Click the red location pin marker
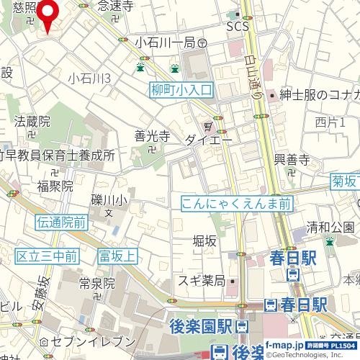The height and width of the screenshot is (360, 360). pos(48,12)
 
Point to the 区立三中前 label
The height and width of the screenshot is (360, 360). pos(47,256)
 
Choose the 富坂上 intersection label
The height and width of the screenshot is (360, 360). pos(117,255)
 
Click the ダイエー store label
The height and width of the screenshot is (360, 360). pos(208,140)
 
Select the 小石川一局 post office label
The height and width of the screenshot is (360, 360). pos(166,42)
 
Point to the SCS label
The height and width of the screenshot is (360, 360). pos(237,27)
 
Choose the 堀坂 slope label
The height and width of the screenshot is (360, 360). pos(204,241)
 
